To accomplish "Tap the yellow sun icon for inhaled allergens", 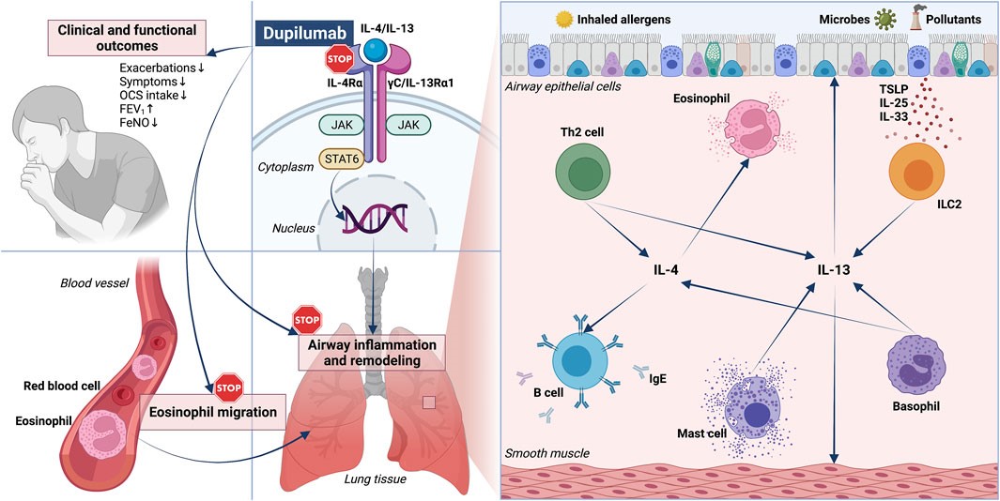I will click(x=564, y=18).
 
